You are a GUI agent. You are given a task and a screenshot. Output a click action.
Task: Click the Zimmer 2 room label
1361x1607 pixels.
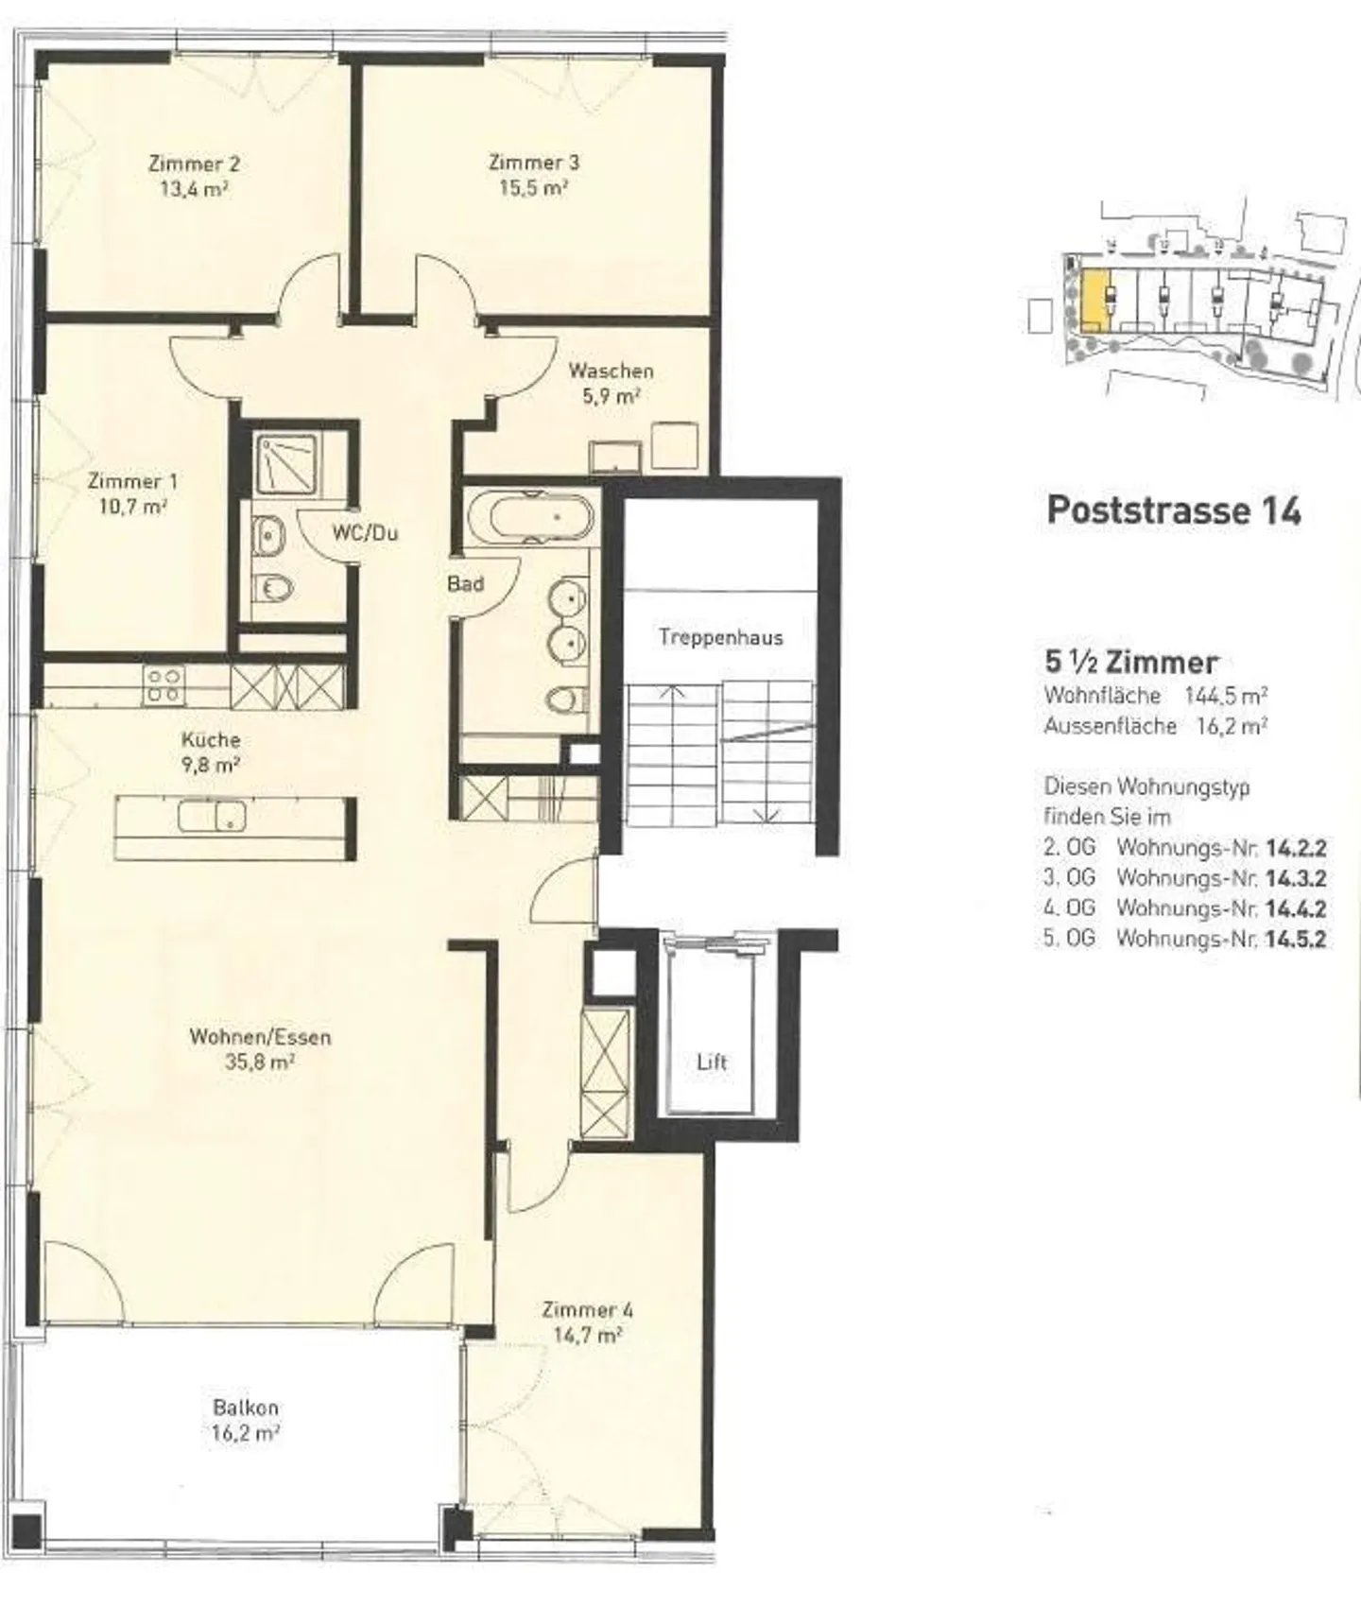(187, 164)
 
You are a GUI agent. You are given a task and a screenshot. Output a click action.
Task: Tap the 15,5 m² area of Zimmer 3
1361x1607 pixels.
(534, 187)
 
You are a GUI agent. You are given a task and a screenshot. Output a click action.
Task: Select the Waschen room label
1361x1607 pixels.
(611, 371)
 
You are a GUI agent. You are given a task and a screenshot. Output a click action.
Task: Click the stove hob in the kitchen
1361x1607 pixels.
(164, 685)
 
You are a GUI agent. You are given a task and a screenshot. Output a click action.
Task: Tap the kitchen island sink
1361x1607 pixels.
(212, 815)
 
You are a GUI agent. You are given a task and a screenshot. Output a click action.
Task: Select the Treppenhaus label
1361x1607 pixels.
(721, 637)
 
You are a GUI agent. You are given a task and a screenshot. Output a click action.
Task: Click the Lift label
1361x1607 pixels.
(712, 1062)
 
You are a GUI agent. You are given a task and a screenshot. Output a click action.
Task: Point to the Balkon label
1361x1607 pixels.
(246, 1408)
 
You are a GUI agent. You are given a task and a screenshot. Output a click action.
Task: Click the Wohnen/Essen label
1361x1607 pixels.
(261, 1037)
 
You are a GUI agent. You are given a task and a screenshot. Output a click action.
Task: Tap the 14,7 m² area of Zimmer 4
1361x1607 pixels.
(587, 1336)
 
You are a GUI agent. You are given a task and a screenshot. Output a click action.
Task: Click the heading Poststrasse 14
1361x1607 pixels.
(1174, 510)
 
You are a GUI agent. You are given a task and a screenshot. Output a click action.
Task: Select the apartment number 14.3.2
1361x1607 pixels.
(1296, 878)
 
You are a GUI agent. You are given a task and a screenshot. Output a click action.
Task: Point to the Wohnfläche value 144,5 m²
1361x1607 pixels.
(1226, 696)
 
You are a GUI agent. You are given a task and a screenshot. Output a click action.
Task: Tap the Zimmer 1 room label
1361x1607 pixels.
(132, 481)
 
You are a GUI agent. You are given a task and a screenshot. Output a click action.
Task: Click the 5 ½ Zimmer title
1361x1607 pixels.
(1131, 663)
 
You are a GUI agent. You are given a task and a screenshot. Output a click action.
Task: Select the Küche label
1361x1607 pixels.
(211, 740)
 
